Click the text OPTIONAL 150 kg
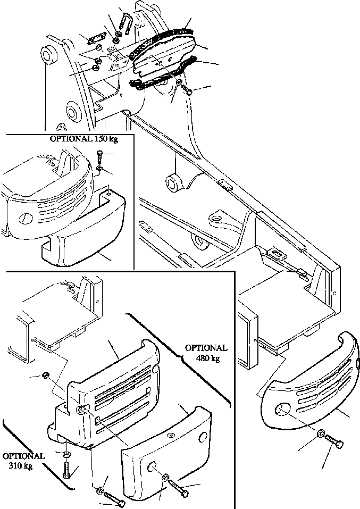click(84, 140)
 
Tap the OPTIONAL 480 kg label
click(206, 353)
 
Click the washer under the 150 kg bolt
click(101, 169)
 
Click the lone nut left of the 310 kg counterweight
click(47, 376)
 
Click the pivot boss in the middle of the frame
click(173, 184)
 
